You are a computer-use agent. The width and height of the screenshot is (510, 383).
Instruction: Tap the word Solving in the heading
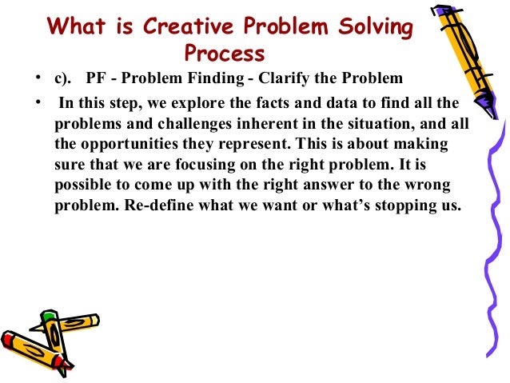pos(377,27)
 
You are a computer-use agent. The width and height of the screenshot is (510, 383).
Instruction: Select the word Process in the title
pos(224,54)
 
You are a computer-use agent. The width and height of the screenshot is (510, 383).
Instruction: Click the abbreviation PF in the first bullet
pos(97,79)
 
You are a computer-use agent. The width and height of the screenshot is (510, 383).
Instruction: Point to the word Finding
pos(210,79)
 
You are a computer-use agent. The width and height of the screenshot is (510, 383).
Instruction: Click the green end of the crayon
pos(50,317)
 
